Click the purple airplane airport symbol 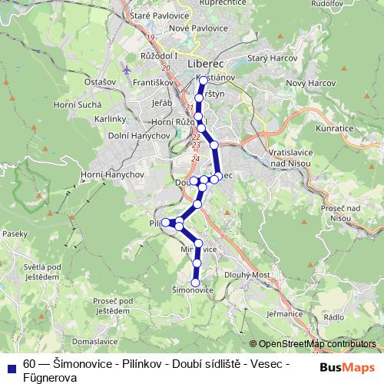[127, 71]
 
